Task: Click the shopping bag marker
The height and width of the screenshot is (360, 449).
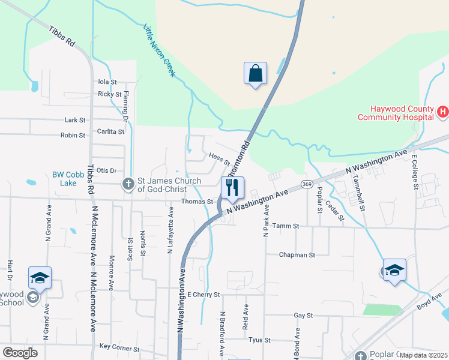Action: (x=256, y=74)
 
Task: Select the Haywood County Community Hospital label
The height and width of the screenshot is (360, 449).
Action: (x=396, y=113)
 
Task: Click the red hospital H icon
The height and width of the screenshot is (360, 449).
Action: (x=443, y=111)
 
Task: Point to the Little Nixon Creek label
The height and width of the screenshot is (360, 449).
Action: (x=159, y=50)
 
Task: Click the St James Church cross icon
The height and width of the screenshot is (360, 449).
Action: (x=127, y=184)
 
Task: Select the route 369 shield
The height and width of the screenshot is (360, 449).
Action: (x=307, y=184)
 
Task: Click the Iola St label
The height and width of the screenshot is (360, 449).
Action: (x=107, y=82)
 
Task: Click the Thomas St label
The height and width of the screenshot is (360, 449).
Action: (x=197, y=202)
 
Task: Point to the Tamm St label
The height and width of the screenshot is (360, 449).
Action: (x=285, y=226)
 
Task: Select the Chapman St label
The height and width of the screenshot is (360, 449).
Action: (x=297, y=255)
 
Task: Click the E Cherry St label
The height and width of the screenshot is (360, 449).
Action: (x=204, y=295)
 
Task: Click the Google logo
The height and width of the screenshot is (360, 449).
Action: (x=20, y=353)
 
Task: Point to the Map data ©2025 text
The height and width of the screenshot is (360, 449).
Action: (x=424, y=355)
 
